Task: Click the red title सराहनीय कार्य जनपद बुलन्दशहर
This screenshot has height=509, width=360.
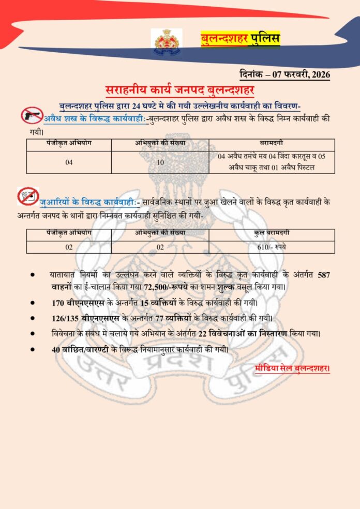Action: coord(180,90)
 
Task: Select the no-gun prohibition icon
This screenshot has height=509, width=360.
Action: coord(32,115)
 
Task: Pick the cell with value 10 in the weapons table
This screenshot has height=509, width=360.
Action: coord(160,162)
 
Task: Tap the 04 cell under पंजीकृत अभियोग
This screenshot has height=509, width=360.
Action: coord(69,162)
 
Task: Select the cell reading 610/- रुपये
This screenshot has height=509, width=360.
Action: coord(272,247)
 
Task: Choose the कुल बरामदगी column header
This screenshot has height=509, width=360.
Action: coord(272,233)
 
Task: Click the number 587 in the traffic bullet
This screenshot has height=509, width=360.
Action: coord(323,275)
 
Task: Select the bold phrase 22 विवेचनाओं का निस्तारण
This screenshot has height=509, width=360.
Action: coord(245,334)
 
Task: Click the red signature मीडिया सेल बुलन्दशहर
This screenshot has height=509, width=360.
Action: coord(292,368)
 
